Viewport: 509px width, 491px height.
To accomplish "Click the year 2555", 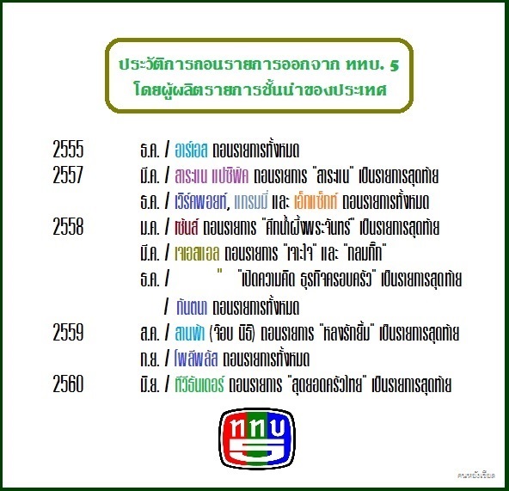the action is [x=68, y=150].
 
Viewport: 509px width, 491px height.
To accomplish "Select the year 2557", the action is [x=68, y=175].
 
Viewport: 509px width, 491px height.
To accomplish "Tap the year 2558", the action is [x=68, y=227].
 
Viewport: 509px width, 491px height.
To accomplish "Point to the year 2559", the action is [x=68, y=332].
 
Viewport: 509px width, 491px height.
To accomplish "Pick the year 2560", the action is [x=68, y=384].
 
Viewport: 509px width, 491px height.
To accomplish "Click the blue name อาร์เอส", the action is [x=191, y=150].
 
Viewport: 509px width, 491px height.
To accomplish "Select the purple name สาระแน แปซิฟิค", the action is [x=212, y=176].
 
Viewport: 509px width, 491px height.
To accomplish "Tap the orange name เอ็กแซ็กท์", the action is [x=316, y=201].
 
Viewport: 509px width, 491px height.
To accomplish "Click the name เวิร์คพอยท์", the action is [x=201, y=201].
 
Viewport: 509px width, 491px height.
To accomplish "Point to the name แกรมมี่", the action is [x=250, y=201].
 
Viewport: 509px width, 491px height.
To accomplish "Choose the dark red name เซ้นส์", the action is [x=187, y=227].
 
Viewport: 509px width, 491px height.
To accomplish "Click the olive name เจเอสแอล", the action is [x=197, y=254].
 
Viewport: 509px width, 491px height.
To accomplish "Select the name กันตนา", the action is [x=192, y=307].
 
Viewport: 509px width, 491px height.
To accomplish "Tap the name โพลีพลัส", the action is [x=196, y=359].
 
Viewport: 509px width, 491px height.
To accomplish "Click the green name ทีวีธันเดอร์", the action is [x=199, y=384].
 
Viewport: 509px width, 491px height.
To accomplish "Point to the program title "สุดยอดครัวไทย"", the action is [x=327, y=384].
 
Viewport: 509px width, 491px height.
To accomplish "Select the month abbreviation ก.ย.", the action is [x=150, y=359].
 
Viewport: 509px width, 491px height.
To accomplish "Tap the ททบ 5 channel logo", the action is [x=257, y=439].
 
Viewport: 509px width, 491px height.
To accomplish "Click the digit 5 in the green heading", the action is [x=394, y=65].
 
